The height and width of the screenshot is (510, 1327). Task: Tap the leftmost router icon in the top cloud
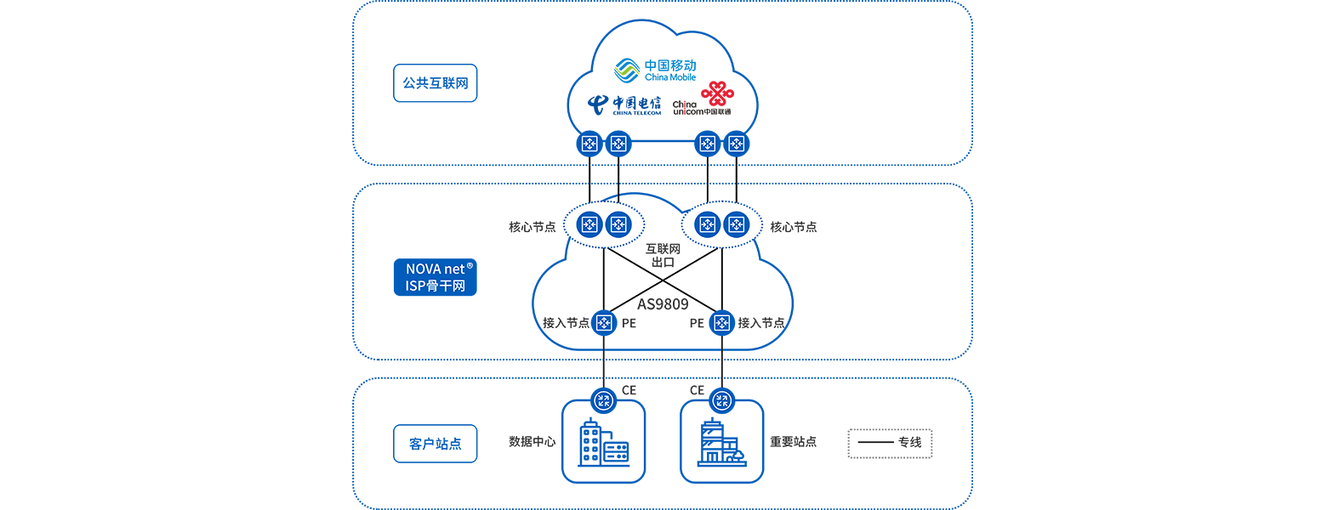(589, 144)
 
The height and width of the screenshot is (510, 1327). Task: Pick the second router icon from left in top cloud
(618, 144)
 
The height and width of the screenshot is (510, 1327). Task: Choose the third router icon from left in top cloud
(706, 144)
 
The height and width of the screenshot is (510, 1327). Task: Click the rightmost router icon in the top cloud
(735, 144)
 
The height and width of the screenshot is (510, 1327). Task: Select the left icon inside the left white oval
(589, 224)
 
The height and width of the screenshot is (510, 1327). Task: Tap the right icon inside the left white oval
(618, 224)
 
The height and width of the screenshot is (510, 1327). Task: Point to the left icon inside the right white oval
(706, 224)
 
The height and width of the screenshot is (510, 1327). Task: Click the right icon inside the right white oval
(735, 224)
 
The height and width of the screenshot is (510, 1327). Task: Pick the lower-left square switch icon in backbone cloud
(604, 323)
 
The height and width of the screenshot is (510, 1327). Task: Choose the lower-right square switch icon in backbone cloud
(721, 323)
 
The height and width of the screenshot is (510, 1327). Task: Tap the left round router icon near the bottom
(604, 400)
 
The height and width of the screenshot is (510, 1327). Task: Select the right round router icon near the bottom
(721, 400)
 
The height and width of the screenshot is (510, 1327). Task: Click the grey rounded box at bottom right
(891, 443)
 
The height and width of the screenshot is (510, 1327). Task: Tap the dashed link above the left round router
(604, 361)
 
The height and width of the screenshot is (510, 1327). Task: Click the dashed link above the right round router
(721, 361)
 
